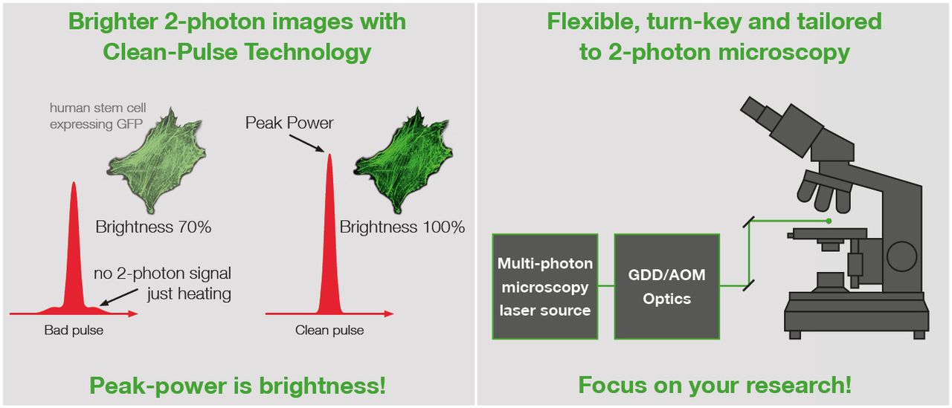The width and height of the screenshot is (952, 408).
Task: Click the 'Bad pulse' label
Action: [x=74, y=330]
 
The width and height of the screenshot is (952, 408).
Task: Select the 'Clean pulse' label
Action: [x=329, y=330]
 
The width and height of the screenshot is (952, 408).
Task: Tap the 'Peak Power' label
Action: [x=289, y=123]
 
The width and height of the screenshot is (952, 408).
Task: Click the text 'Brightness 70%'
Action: [x=153, y=227]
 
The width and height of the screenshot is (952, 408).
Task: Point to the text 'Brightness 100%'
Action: [x=402, y=227]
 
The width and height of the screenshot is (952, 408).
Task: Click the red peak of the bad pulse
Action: [x=74, y=255]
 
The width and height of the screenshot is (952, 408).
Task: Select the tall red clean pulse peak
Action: [x=329, y=238]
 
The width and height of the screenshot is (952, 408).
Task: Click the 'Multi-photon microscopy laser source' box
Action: [x=545, y=287]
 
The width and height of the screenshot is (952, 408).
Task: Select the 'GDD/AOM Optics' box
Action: [x=667, y=287]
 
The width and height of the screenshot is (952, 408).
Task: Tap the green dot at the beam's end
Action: [x=829, y=221]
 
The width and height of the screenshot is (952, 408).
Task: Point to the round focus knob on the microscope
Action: [x=901, y=256]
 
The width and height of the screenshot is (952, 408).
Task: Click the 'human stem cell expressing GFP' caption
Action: [x=97, y=116]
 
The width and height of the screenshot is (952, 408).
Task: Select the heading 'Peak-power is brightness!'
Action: [x=237, y=386]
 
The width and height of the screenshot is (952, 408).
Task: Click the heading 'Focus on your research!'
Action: [x=715, y=385]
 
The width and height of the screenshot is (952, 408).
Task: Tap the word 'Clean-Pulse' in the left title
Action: [x=170, y=52]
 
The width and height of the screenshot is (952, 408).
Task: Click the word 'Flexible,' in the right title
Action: [x=594, y=22]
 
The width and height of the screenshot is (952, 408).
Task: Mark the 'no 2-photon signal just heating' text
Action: [x=162, y=283]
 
